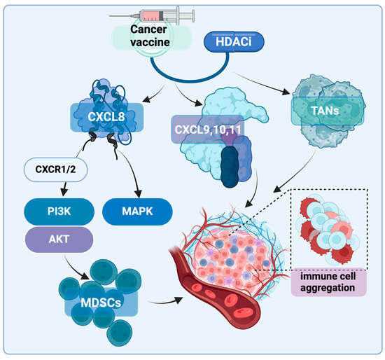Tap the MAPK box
coord(137,209)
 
